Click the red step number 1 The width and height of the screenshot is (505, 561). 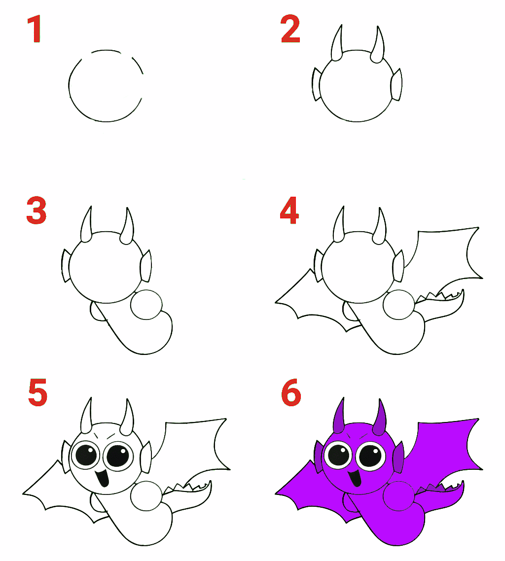pos(34,29)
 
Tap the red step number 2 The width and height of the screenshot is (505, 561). pos(290,29)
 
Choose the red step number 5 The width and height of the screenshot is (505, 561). pos(37,392)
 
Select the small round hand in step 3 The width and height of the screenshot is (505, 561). pos(146,305)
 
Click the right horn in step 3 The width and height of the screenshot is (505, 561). pos(127,227)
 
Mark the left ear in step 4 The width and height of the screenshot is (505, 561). pos(318,266)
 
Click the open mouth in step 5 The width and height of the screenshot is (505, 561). pos(103,477)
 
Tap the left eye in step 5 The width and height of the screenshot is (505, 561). pos(86,455)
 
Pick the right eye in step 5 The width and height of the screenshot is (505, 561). pos(118,455)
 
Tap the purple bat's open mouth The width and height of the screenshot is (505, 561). pos(355,477)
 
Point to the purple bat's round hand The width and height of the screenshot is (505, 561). pos(398,496)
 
